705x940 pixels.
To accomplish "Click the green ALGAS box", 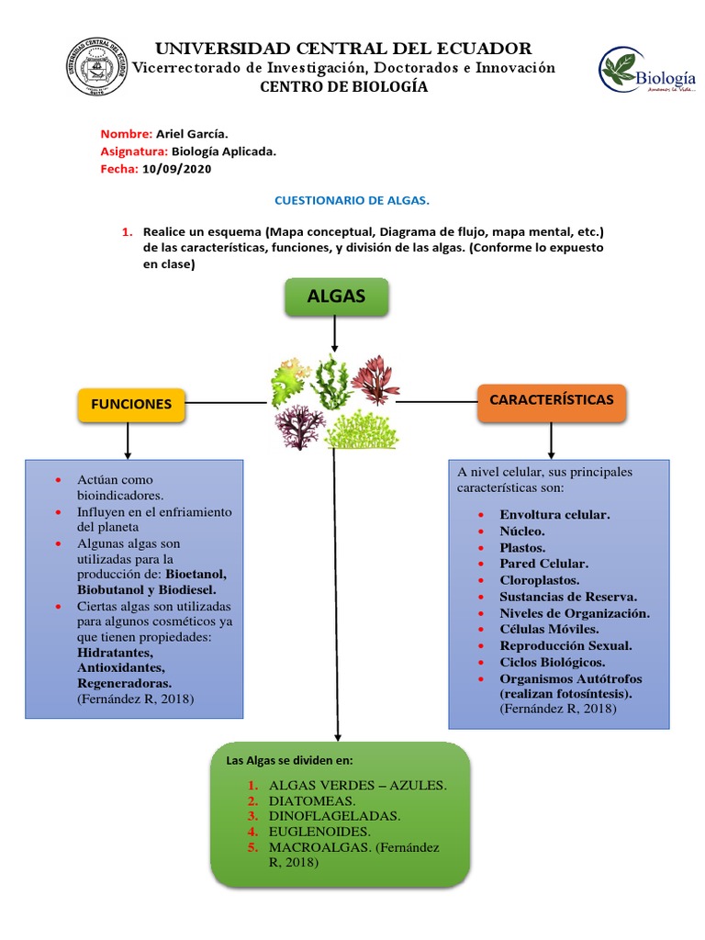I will pos(336,297).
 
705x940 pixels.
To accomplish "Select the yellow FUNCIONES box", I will pos(131,404).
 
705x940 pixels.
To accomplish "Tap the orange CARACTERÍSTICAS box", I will pos(552,400).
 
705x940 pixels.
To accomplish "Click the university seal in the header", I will pos(95,66).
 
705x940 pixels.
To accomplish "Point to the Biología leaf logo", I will pos(621,71).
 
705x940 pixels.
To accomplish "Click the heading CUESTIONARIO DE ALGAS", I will pos(352,199).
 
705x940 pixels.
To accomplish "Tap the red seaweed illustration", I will pos(375,379).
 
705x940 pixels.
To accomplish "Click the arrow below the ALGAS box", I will pos(336,335).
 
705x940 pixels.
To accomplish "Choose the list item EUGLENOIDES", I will pos(318,832).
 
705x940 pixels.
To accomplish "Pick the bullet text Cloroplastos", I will pos(540,580).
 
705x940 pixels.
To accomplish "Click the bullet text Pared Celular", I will pos(543,564).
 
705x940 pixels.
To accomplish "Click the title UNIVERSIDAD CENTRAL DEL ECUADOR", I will pos(343,48).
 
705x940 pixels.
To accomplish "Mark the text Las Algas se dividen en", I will pos(289,761).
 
